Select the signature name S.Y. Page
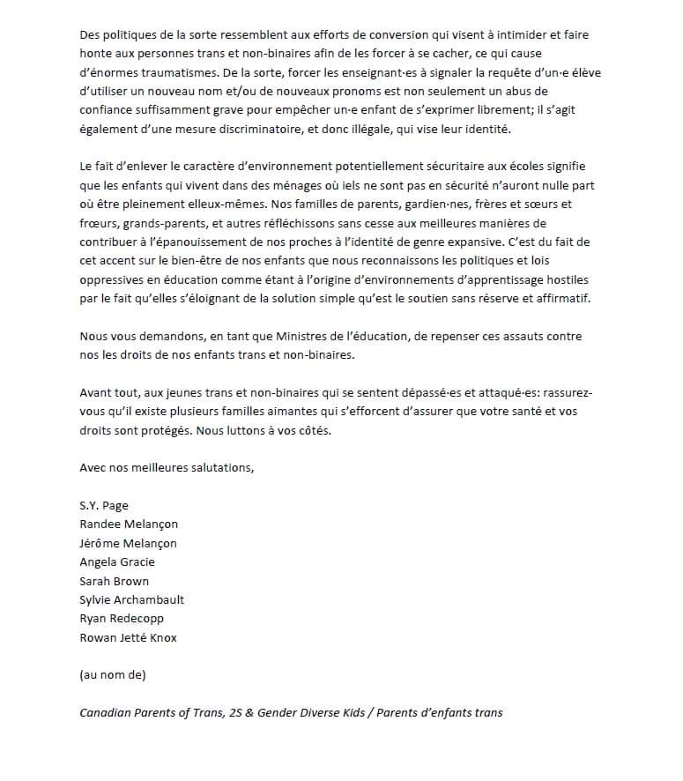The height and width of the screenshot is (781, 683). coord(103,505)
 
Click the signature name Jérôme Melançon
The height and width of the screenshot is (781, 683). coord(128,543)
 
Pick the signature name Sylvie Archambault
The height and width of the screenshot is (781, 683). coord(131,599)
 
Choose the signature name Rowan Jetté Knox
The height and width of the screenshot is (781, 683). coord(128,637)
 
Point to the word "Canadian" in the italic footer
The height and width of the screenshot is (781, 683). coord(107,712)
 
